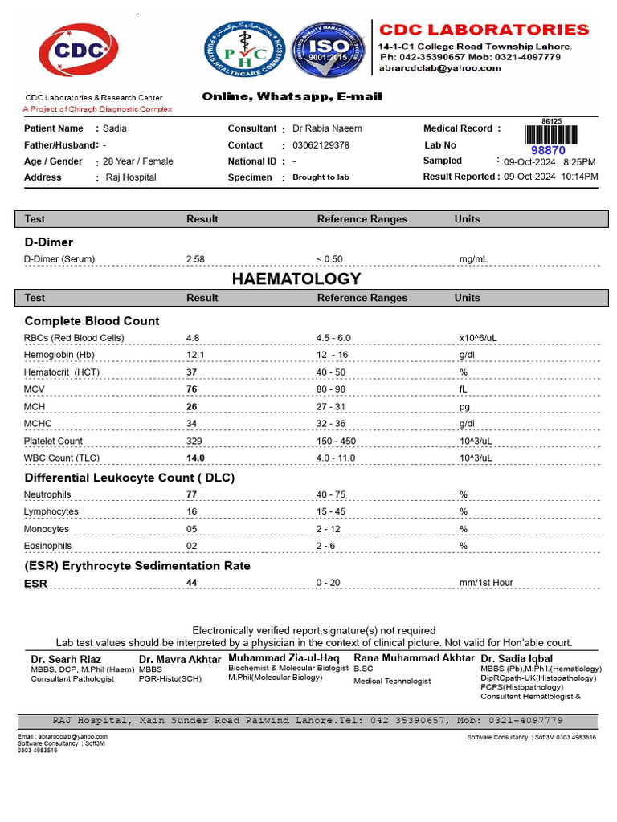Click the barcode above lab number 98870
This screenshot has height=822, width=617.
551,134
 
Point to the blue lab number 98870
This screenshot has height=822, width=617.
549,150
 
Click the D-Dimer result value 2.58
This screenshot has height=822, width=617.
195,259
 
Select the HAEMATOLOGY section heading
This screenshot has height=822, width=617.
296,279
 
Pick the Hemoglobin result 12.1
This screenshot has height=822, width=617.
195,355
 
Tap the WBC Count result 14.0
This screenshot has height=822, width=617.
195,458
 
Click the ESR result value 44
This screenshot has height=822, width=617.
192,583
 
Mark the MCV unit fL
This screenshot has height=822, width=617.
464,389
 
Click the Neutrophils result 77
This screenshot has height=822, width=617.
192,495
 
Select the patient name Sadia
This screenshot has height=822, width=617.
115,128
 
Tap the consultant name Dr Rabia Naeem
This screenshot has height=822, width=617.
327,128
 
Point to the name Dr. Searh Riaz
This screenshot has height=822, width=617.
66,659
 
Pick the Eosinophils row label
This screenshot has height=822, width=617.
47,546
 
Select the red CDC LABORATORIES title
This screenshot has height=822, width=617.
484,30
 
